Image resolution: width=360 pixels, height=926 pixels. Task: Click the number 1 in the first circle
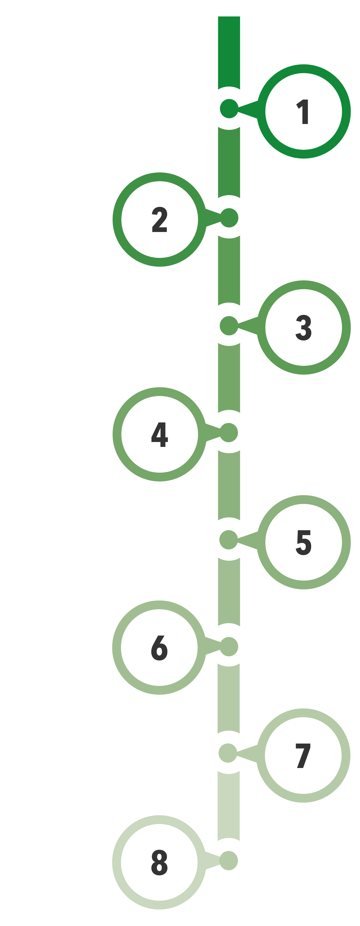click(x=302, y=112)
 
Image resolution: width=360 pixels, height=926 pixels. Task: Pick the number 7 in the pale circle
click(x=303, y=756)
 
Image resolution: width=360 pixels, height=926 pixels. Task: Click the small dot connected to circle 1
click(x=229, y=109)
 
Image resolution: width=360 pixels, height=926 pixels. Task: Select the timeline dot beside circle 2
click(x=229, y=218)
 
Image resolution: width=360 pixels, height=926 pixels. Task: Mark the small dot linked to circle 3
click(x=229, y=326)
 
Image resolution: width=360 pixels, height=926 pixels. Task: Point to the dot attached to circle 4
click(x=229, y=432)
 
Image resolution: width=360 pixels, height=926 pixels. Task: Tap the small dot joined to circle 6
click(x=229, y=647)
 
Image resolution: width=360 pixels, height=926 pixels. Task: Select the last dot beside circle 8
click(x=229, y=861)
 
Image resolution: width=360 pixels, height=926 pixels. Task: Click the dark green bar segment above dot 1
click(x=229, y=52)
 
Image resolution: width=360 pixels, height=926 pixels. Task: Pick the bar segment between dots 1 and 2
click(x=229, y=162)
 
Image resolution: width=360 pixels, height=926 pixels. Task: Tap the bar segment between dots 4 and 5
click(x=229, y=485)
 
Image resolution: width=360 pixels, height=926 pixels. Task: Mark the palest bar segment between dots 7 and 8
click(x=228, y=806)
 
